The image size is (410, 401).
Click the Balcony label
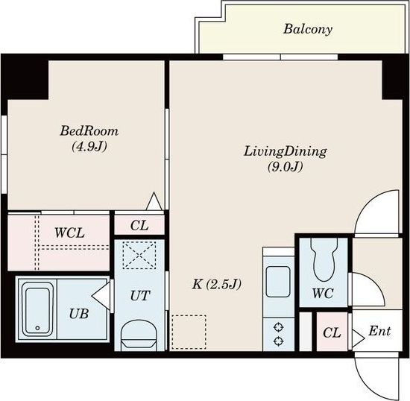(x=308, y=29)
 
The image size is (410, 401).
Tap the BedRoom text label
(x=89, y=130)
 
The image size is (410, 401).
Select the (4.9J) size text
(x=89, y=147)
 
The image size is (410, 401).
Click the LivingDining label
(x=285, y=151)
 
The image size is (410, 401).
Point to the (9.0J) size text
(x=285, y=166)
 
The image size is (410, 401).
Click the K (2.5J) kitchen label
(x=216, y=284)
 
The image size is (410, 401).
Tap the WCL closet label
(x=69, y=233)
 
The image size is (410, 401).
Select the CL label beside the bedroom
(x=139, y=225)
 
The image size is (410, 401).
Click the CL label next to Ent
(x=332, y=332)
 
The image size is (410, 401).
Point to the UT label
(x=140, y=296)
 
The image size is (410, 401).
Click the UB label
(x=79, y=314)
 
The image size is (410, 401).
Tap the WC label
(x=323, y=294)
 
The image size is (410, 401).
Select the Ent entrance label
(x=379, y=331)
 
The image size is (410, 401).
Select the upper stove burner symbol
(x=279, y=327)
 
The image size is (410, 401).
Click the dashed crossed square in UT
(x=139, y=255)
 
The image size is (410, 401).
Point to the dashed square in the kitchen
(x=189, y=332)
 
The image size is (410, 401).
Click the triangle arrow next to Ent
(x=358, y=339)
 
